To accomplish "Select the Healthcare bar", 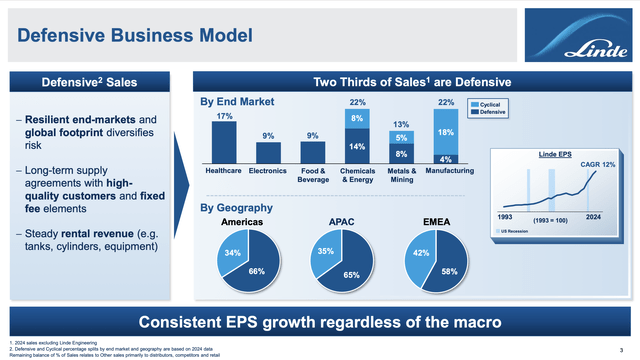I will pos(223,142).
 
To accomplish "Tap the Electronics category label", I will pos(268,171).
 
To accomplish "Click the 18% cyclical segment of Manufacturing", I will pos(446,132).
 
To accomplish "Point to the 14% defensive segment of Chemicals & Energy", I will pos(357,146).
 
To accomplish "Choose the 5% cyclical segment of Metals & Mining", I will pos(401,138).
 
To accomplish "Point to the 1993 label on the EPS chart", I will pos(505,217).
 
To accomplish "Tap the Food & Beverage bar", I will pos(313,151).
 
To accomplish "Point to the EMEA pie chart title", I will pos(436,222).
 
